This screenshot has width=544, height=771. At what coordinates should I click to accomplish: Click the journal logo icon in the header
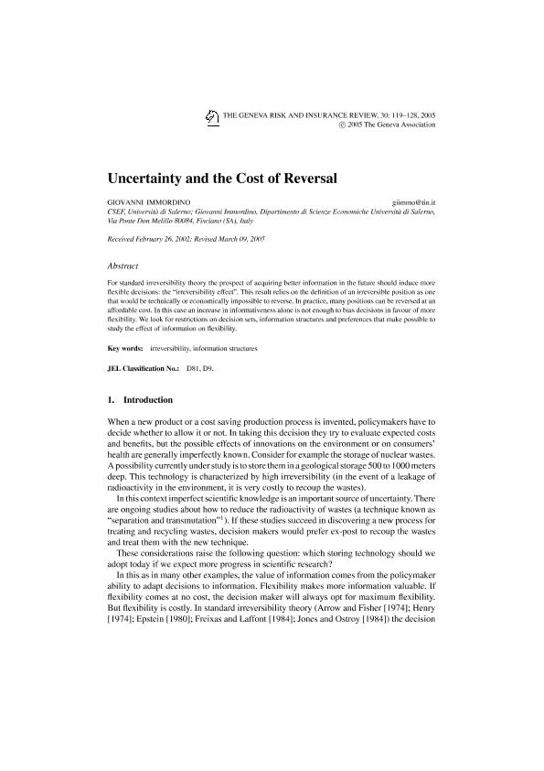212,116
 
